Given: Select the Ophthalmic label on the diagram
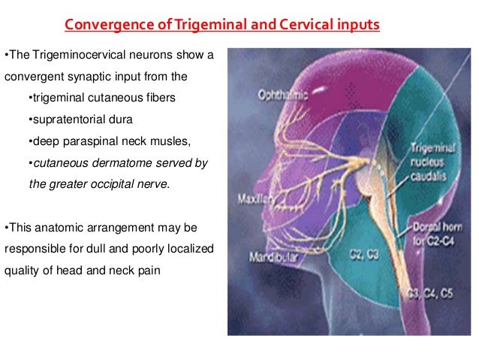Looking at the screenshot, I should pyautogui.click(x=282, y=97).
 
